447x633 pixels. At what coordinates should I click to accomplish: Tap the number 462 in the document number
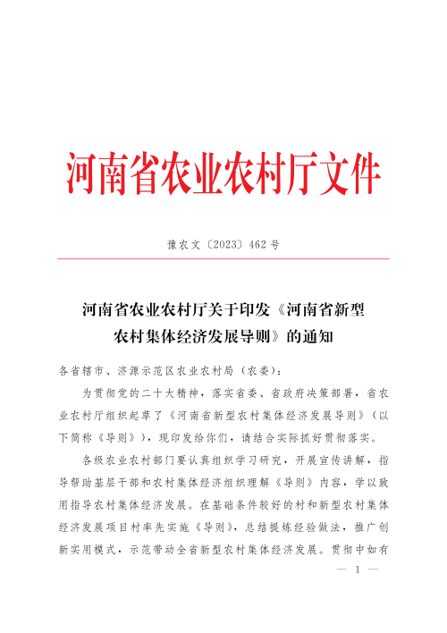pyautogui.click(x=259, y=243)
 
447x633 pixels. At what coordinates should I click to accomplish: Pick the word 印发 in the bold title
pyautogui.click(x=258, y=312)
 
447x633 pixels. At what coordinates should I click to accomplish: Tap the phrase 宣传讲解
pyautogui.click(x=345, y=461)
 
